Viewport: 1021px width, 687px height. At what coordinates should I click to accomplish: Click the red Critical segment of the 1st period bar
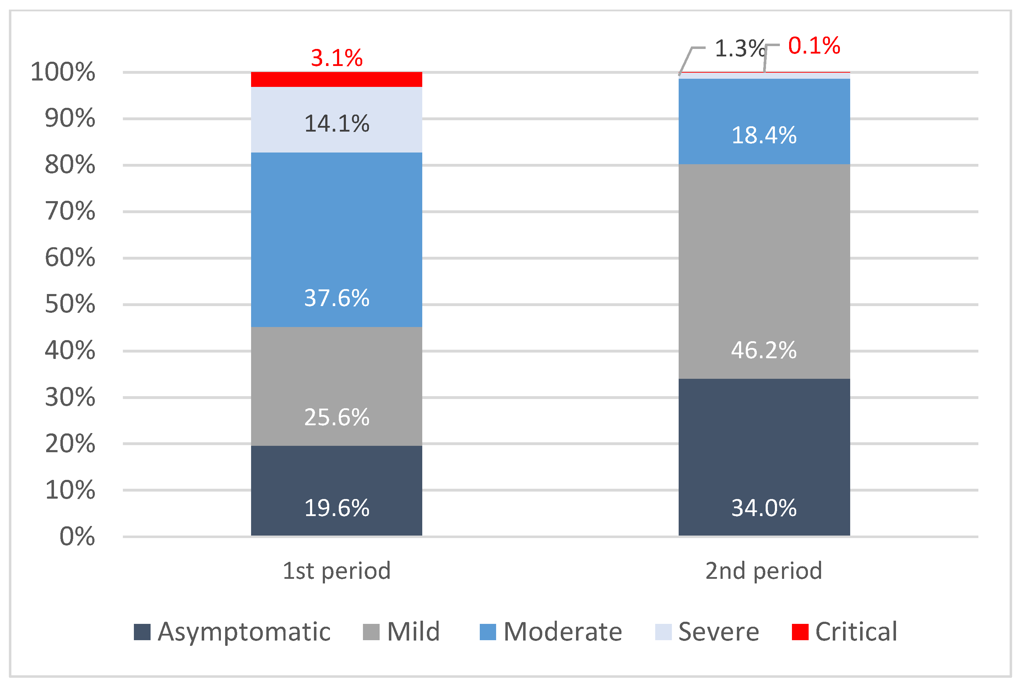pyautogui.click(x=336, y=79)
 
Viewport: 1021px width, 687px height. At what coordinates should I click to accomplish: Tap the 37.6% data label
pyautogui.click(x=336, y=298)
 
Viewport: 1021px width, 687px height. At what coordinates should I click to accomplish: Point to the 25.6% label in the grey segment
pyautogui.click(x=336, y=417)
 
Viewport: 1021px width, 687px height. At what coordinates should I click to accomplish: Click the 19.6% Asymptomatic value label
pyautogui.click(x=336, y=508)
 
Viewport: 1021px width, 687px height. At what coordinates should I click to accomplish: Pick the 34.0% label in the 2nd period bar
pyautogui.click(x=764, y=508)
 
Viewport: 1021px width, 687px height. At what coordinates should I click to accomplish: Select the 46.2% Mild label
pyautogui.click(x=764, y=350)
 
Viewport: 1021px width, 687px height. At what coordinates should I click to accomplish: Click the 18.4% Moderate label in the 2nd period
pyautogui.click(x=764, y=135)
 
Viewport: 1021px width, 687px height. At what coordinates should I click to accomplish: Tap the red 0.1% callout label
pyautogui.click(x=814, y=45)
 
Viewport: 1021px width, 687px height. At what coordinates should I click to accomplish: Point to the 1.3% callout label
pyautogui.click(x=739, y=48)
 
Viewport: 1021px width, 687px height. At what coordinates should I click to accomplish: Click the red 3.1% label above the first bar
pyautogui.click(x=336, y=58)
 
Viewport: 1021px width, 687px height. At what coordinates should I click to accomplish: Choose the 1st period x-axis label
pyautogui.click(x=336, y=571)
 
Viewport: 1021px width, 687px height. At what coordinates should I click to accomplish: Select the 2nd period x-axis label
pyautogui.click(x=764, y=571)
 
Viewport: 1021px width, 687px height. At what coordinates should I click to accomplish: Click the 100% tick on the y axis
pyautogui.click(x=63, y=72)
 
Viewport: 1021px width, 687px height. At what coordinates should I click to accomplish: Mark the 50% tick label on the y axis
pyautogui.click(x=70, y=304)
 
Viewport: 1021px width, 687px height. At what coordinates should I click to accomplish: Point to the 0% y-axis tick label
pyautogui.click(x=77, y=536)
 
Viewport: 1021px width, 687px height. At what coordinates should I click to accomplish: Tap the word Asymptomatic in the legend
pyautogui.click(x=244, y=632)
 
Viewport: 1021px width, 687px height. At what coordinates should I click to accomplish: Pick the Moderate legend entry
pyautogui.click(x=562, y=632)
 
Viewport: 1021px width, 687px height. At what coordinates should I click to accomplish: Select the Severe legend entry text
pyautogui.click(x=718, y=632)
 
